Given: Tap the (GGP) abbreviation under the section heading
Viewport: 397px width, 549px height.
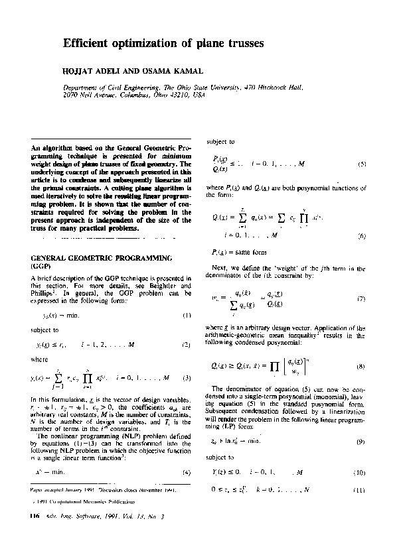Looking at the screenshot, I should tap(42, 264).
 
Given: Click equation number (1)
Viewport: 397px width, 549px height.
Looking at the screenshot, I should tap(187, 315).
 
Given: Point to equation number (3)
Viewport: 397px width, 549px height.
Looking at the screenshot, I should tap(187, 377).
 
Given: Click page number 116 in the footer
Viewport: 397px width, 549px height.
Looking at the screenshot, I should tap(35, 534).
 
